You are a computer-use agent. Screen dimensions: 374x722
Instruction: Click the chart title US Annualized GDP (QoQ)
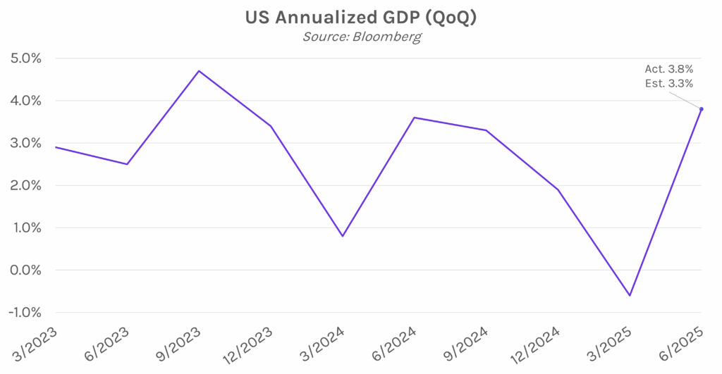pyautogui.click(x=360, y=18)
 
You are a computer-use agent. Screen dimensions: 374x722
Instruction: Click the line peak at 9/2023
pyautogui.click(x=199, y=71)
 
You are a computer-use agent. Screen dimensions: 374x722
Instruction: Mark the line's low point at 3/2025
pyautogui.click(x=630, y=296)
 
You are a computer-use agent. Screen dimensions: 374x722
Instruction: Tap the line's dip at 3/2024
pyautogui.click(x=343, y=236)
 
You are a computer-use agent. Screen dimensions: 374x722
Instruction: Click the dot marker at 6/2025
pyautogui.click(x=701, y=109)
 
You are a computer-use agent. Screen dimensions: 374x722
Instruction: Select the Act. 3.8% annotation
pyautogui.click(x=669, y=69)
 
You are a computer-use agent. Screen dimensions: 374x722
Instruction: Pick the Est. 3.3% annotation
pyautogui.click(x=669, y=83)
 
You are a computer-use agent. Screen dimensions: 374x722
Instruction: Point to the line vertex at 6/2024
pyautogui.click(x=415, y=118)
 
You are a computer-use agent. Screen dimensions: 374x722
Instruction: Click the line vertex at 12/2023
pyautogui.click(x=271, y=126)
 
